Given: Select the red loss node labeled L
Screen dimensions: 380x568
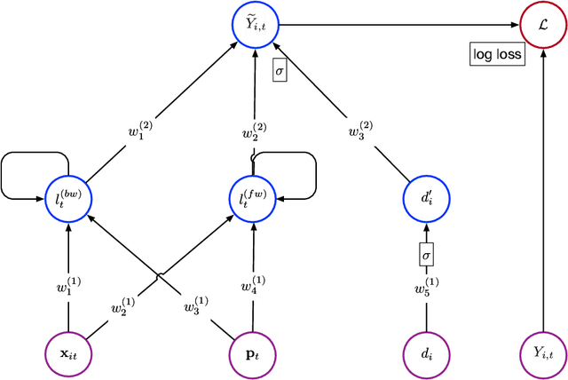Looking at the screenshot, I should [543, 24].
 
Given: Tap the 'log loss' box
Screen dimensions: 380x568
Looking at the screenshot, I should [497, 55].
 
